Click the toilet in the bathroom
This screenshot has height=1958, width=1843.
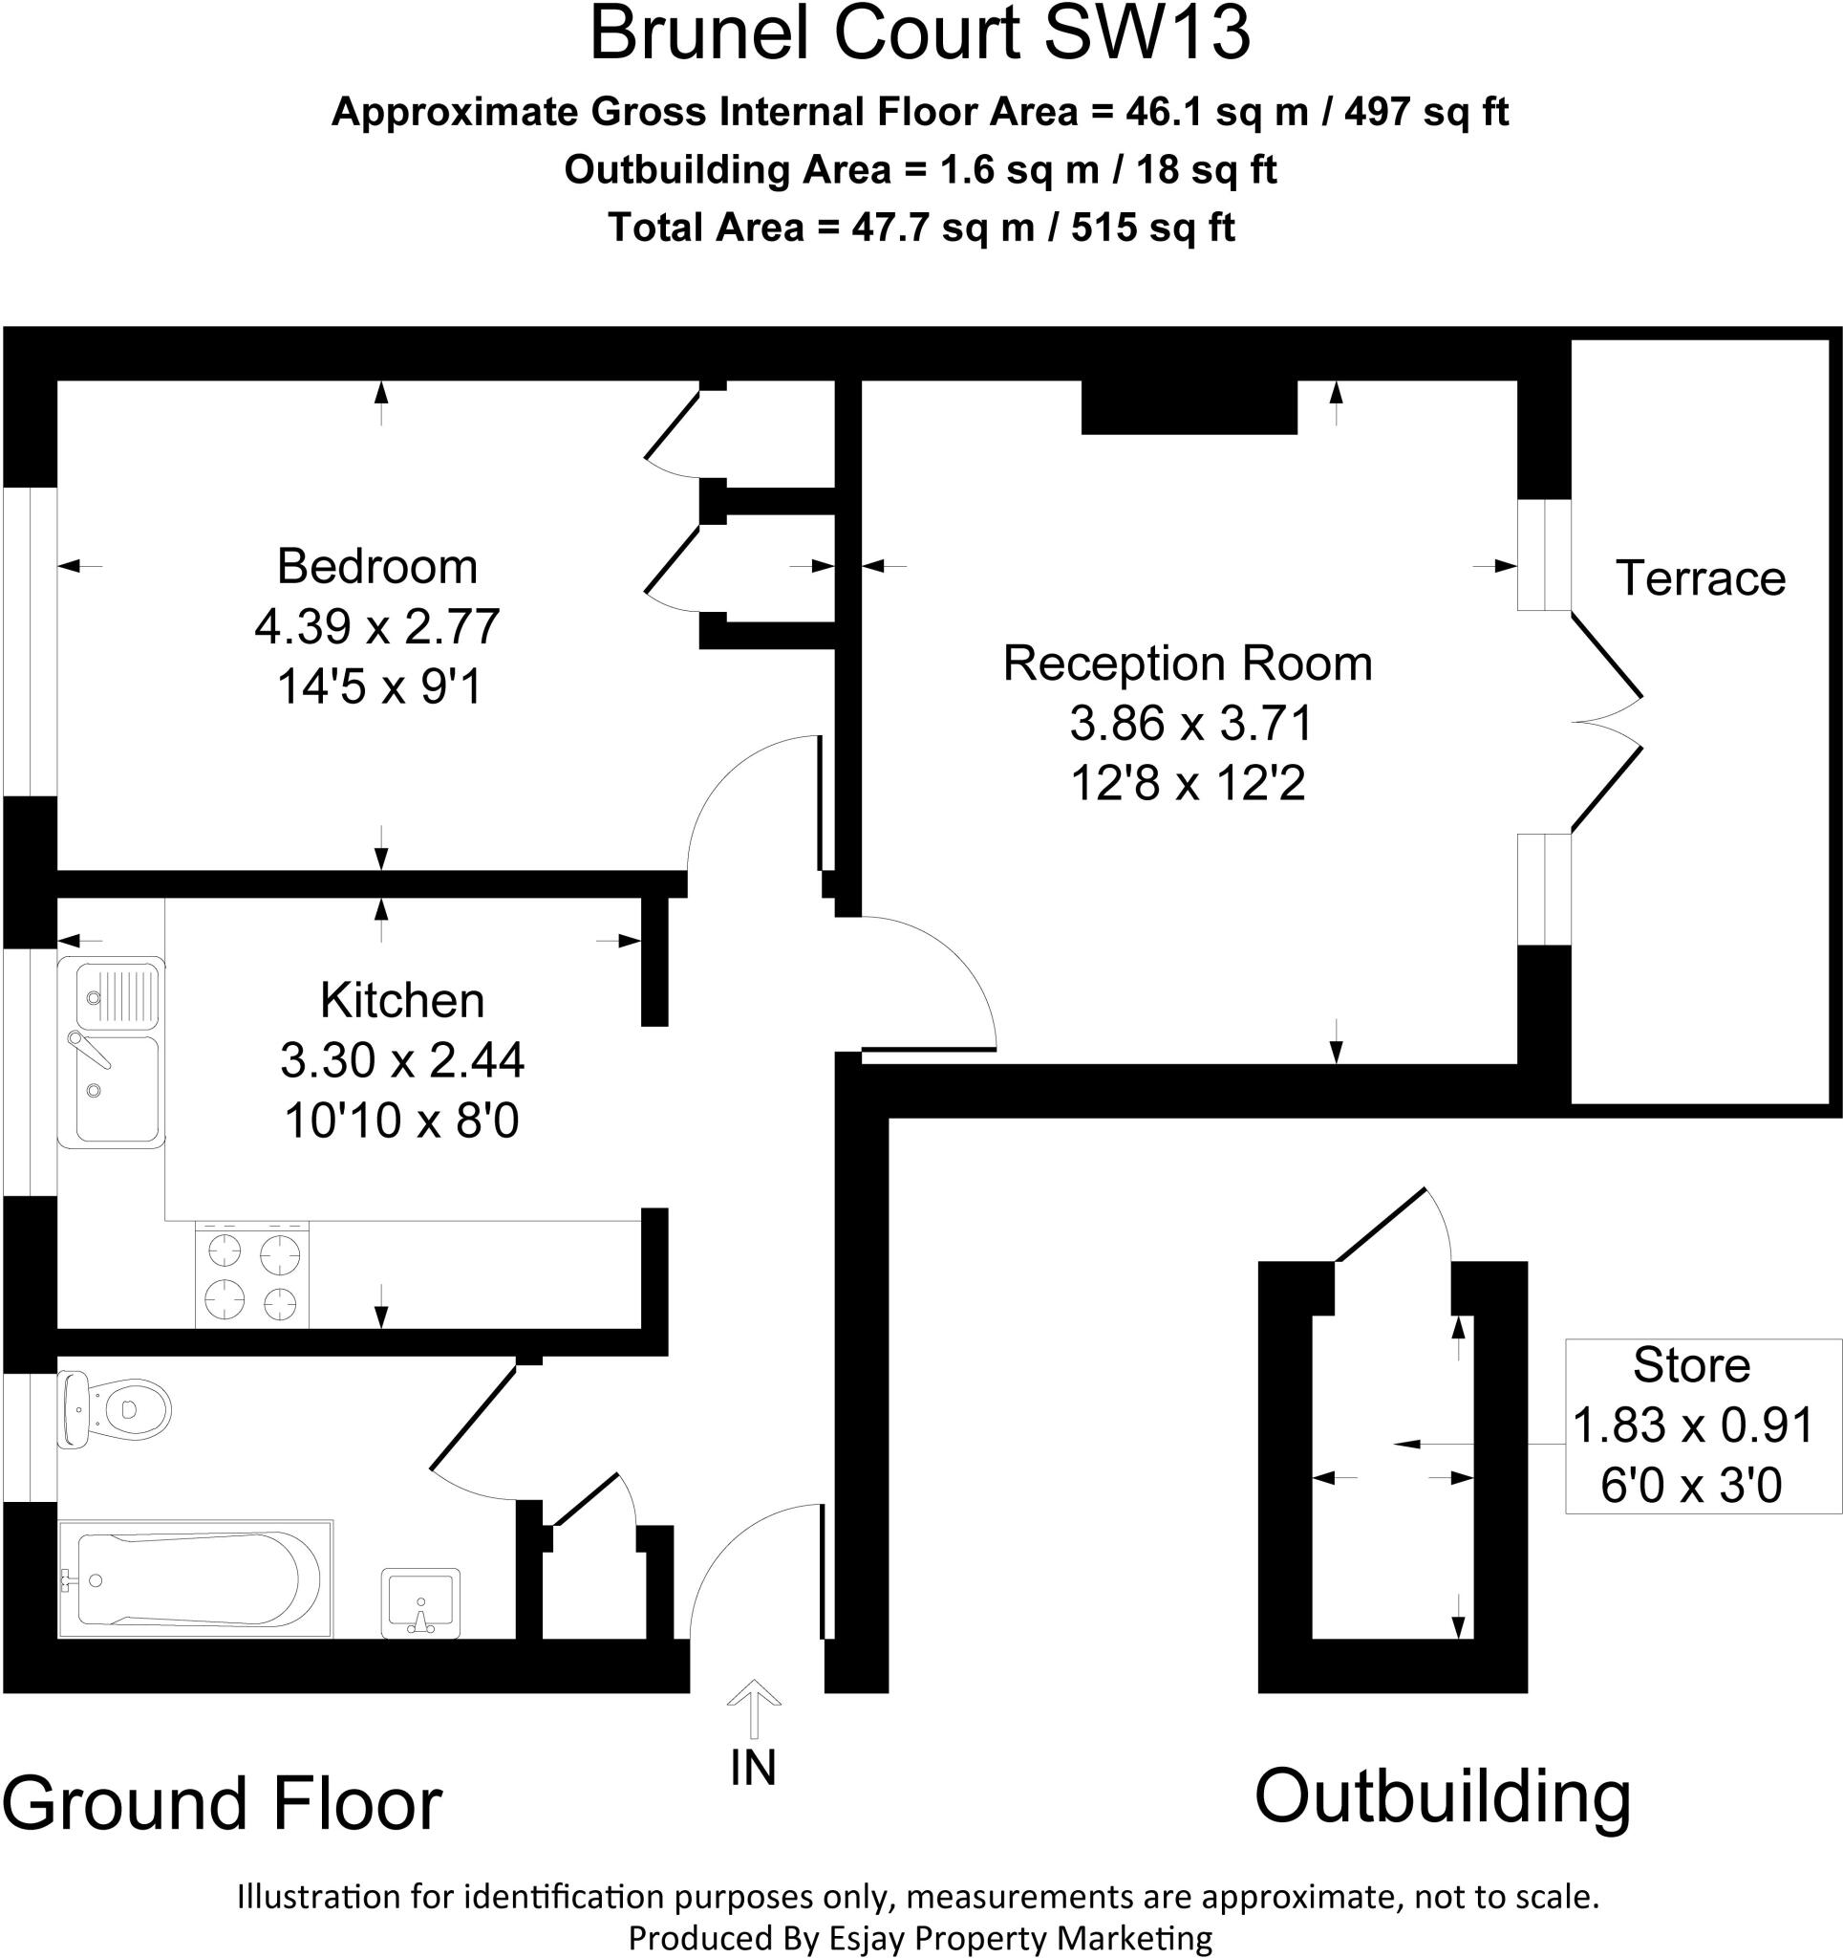[x=117, y=1409]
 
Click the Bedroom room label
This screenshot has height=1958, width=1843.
[x=377, y=566]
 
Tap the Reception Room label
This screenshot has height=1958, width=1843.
[x=1188, y=663]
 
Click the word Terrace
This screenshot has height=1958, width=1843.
[x=1701, y=578]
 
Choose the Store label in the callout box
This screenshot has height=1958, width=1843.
[x=1691, y=1365]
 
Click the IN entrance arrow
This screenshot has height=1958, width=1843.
[x=754, y=1708]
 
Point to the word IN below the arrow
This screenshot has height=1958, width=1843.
[x=753, y=1768]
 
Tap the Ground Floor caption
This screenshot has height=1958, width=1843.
[x=223, y=1804]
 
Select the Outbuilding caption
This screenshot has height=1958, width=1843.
[x=1443, y=1796]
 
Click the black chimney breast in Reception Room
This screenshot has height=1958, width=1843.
[x=1189, y=407]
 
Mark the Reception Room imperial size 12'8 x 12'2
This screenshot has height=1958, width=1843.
[x=1188, y=784]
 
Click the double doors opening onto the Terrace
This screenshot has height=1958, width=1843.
[x=1605, y=722]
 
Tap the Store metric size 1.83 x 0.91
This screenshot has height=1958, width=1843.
[x=1692, y=1425]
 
